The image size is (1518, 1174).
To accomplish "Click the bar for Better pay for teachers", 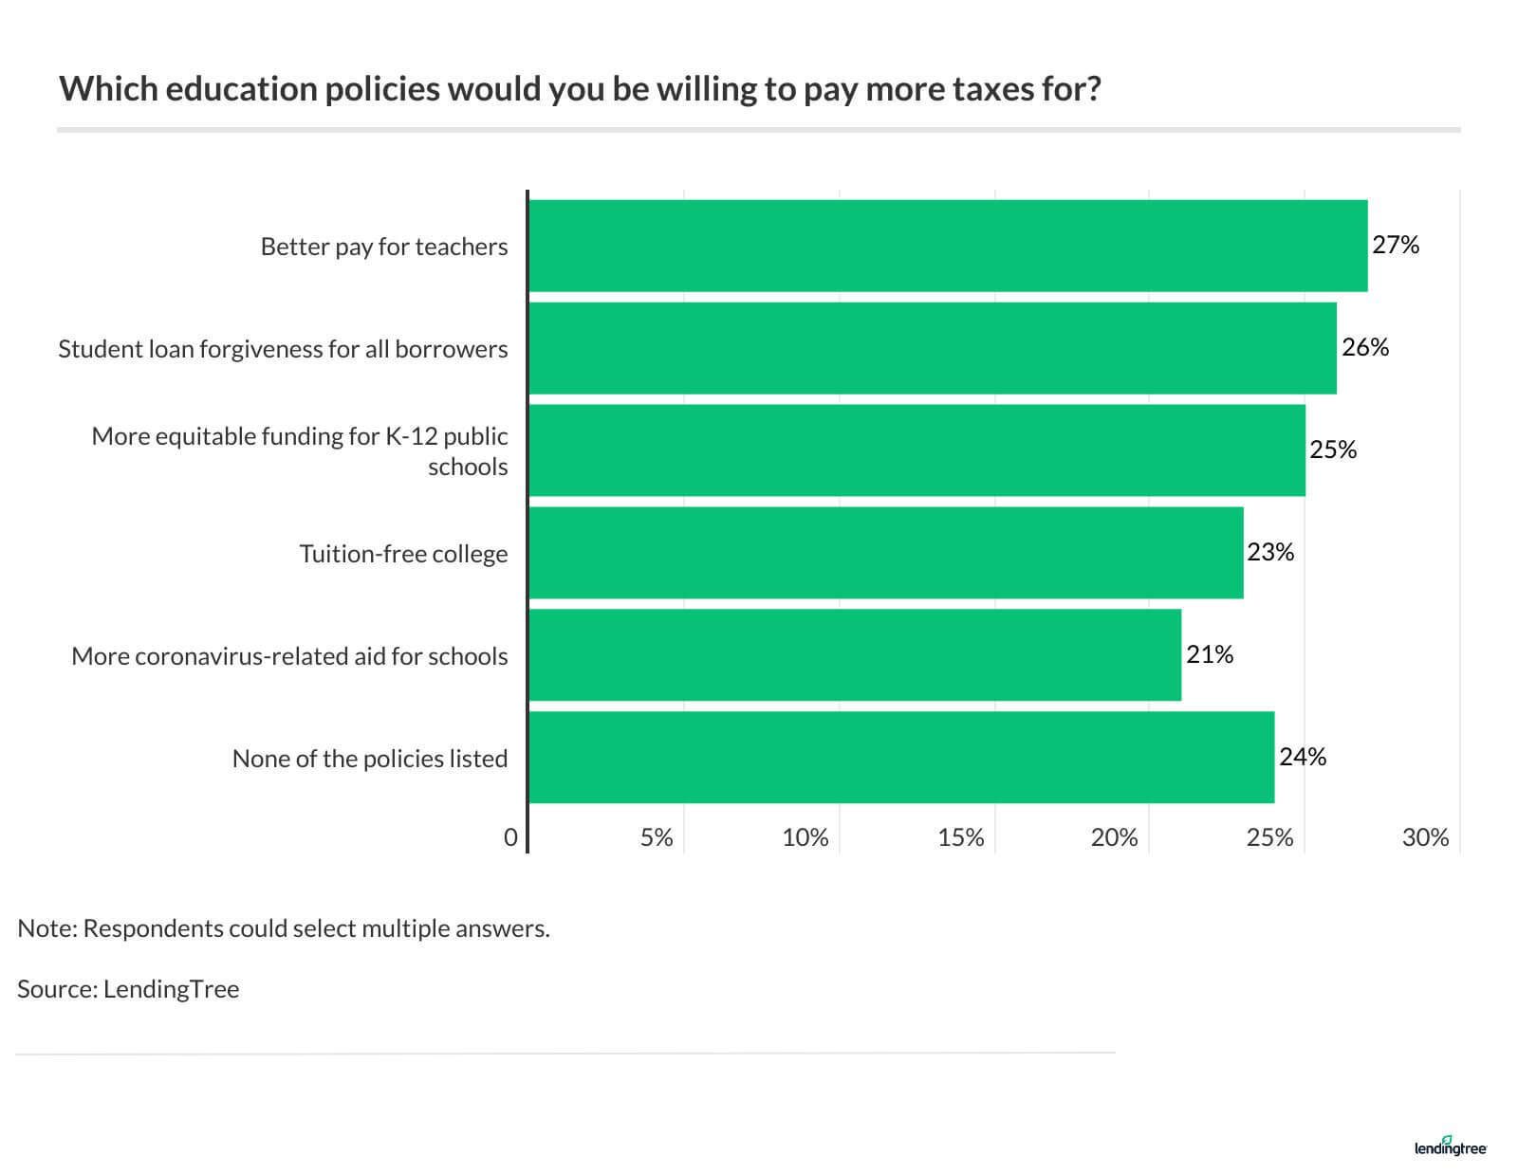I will (947, 246).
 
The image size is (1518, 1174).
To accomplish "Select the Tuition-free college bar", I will (885, 553).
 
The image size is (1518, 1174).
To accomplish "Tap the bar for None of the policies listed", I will (900, 758).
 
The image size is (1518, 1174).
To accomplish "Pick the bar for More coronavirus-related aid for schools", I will (854, 655).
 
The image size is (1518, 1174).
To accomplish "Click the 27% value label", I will (1396, 246).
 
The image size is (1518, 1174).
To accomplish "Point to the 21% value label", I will (1210, 655).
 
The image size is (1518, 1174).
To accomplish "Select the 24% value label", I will (1303, 758).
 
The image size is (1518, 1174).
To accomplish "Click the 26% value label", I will (1365, 348).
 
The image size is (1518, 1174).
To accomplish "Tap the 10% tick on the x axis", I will (805, 838).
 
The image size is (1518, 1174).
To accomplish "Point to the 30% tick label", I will (1425, 838).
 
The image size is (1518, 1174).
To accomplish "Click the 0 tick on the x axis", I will (511, 838).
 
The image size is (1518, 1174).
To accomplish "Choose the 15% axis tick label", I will (961, 838).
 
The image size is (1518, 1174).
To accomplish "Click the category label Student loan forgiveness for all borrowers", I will (283, 349).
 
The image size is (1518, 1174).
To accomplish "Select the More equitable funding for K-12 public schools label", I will (300, 451).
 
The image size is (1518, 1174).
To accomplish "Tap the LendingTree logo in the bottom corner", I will (1450, 1146).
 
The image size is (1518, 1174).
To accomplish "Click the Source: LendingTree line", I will (128, 989).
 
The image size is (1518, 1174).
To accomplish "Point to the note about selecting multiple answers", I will (284, 928).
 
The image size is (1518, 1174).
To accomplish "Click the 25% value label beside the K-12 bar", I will (1333, 450).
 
